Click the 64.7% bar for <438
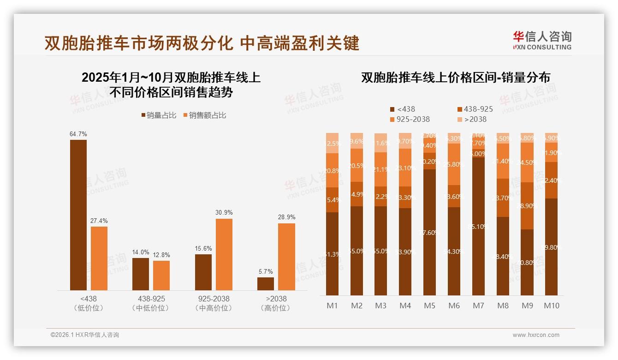[78, 215]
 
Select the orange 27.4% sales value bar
[99, 258]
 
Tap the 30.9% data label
[224, 213]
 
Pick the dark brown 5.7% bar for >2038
[266, 284]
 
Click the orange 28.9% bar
[286, 257]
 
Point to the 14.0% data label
[141, 252]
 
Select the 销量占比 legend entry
[159, 115]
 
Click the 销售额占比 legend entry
[205, 115]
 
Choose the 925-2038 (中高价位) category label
[212, 303]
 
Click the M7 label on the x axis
[478, 306]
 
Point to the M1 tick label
[332, 306]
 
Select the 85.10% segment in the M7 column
[478, 226]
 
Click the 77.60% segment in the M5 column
[429, 232]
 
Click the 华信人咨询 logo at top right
[542, 40]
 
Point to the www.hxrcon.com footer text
[536, 335]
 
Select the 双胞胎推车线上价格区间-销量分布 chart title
[456, 78]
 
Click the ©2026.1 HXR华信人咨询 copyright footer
[84, 335]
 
